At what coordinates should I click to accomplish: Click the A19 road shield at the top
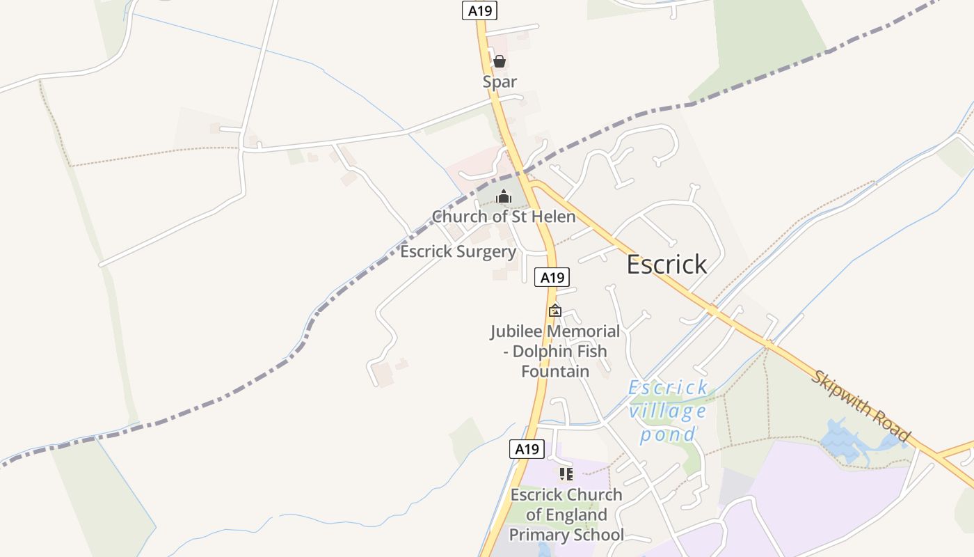coord(479,10)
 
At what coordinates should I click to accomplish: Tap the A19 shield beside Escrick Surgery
coord(552,277)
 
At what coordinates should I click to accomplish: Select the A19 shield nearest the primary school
coord(527,449)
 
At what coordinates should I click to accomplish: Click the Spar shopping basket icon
coord(499,61)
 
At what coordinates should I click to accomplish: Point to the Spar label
coord(500,81)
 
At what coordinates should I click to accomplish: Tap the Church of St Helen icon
coord(504,197)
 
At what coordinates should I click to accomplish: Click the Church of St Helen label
coord(504,217)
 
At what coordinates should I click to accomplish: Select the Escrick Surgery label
coord(458,251)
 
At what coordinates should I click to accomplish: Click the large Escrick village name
coord(666,265)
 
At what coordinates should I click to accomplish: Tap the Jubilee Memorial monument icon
coord(554,311)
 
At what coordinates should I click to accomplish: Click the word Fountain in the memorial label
coord(555,371)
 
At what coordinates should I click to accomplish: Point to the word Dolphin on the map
coord(540,352)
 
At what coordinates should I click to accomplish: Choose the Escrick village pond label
coord(668,411)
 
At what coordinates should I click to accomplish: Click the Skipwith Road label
coord(860,406)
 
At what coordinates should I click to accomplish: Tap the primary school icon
coord(566,474)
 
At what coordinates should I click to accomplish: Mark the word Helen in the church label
coord(553,217)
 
